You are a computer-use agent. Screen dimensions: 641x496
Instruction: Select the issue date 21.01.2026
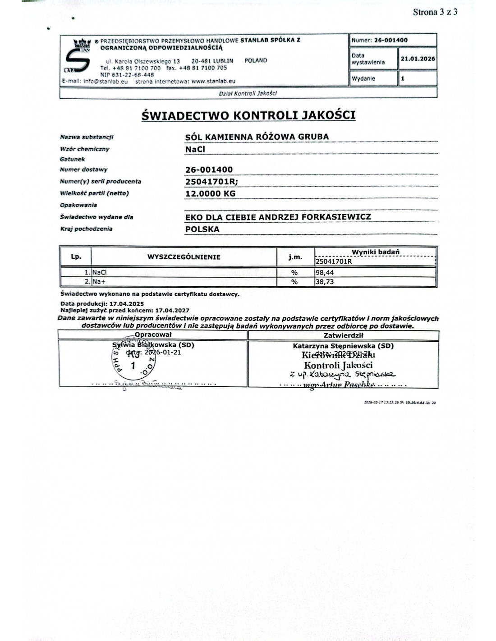coord(418,59)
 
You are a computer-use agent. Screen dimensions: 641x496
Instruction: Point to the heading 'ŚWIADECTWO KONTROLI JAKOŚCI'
coord(248,115)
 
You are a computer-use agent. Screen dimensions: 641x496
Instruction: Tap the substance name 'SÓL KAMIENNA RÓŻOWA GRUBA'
coord(257,137)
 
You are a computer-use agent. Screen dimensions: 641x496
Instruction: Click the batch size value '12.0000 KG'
coord(210,193)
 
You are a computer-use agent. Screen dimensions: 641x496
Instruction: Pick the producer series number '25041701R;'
coord(211,182)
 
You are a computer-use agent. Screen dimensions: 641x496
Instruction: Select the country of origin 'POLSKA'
coord(202,229)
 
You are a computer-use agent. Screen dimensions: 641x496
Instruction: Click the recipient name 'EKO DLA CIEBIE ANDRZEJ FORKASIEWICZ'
coord(278,217)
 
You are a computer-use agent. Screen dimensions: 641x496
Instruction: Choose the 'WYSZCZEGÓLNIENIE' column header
coord(184,257)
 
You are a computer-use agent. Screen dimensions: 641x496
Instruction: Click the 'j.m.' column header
coord(295,257)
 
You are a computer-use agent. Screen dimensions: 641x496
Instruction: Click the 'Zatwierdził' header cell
coord(344,335)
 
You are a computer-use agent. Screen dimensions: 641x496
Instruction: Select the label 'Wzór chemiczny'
coord(84,149)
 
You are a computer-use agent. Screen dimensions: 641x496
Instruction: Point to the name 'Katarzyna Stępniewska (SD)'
coord(343,346)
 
